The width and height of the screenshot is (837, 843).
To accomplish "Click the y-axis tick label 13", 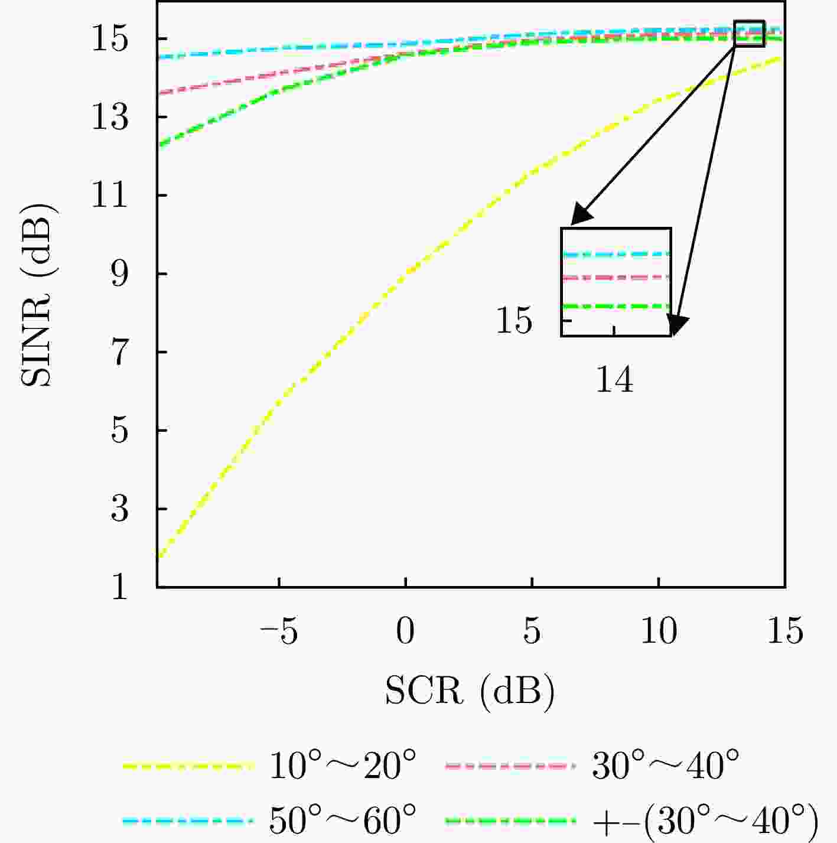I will tap(110, 118).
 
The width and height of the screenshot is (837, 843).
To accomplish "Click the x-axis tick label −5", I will tap(278, 632).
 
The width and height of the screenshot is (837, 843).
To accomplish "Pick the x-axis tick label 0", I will tap(405, 632).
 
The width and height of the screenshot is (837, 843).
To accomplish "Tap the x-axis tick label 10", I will tap(658, 632).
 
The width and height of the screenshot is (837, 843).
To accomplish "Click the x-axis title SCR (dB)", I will tap(470, 690).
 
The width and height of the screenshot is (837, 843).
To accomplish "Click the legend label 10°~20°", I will tap(343, 767).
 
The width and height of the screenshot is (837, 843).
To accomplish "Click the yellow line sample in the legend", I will tap(188, 767).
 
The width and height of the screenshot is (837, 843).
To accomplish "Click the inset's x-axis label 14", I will tap(614, 380).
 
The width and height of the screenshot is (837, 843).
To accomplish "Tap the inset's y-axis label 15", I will tap(514, 321).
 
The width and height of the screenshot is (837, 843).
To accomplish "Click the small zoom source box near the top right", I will tap(749, 34).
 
